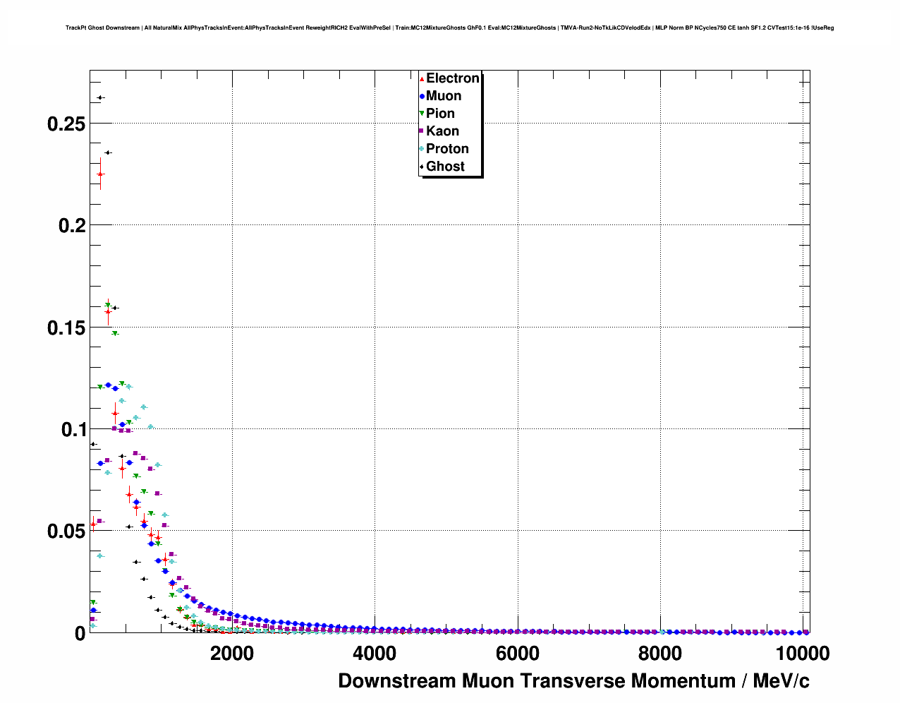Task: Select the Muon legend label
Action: [444, 96]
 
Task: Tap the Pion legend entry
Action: [440, 114]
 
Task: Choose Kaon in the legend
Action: [442, 131]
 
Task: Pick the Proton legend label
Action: [447, 149]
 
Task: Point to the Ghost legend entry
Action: [445, 167]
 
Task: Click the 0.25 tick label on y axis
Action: [66, 124]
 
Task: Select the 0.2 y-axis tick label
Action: [71, 226]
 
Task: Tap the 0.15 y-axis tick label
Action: [66, 328]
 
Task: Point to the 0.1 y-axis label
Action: [71, 430]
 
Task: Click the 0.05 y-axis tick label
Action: [66, 531]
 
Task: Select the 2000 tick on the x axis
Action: [232, 654]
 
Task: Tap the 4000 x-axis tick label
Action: [375, 654]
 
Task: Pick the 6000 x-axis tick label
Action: [518, 654]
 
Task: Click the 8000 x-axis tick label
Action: [660, 654]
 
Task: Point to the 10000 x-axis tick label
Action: [802, 654]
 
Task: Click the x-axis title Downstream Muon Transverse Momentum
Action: [573, 681]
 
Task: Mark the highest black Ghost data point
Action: [100, 98]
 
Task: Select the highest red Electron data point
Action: [100, 174]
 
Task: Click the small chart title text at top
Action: [449, 28]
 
